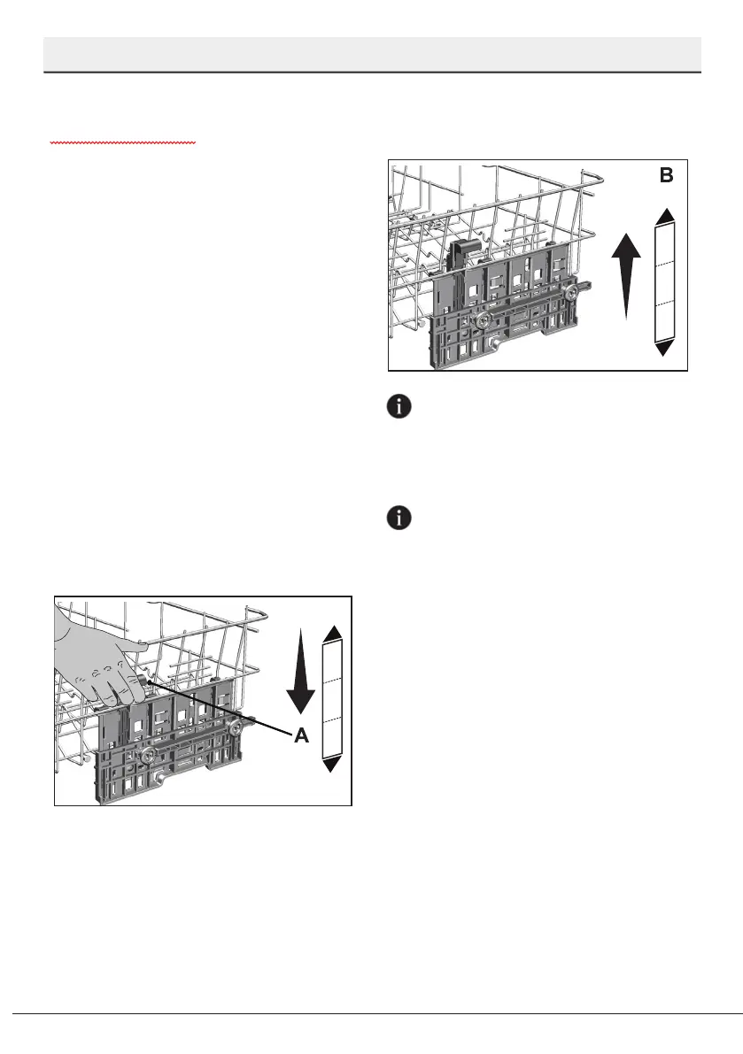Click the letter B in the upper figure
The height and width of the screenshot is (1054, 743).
coord(666,176)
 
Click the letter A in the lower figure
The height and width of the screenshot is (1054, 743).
coord(302,735)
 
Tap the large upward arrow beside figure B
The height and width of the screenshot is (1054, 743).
coord(626,275)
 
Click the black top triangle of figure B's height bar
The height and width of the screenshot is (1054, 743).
coord(665,215)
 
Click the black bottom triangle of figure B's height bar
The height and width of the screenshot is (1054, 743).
coord(665,350)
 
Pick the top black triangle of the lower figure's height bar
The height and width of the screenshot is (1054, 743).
coord(333,632)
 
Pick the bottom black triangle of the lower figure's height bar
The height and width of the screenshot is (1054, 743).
coord(333,765)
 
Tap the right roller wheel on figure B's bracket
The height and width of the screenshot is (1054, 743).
coord(574,289)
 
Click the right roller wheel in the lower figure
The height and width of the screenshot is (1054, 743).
coord(237,727)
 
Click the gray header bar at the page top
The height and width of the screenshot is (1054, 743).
coord(372,55)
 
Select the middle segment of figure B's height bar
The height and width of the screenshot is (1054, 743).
coord(665,282)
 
